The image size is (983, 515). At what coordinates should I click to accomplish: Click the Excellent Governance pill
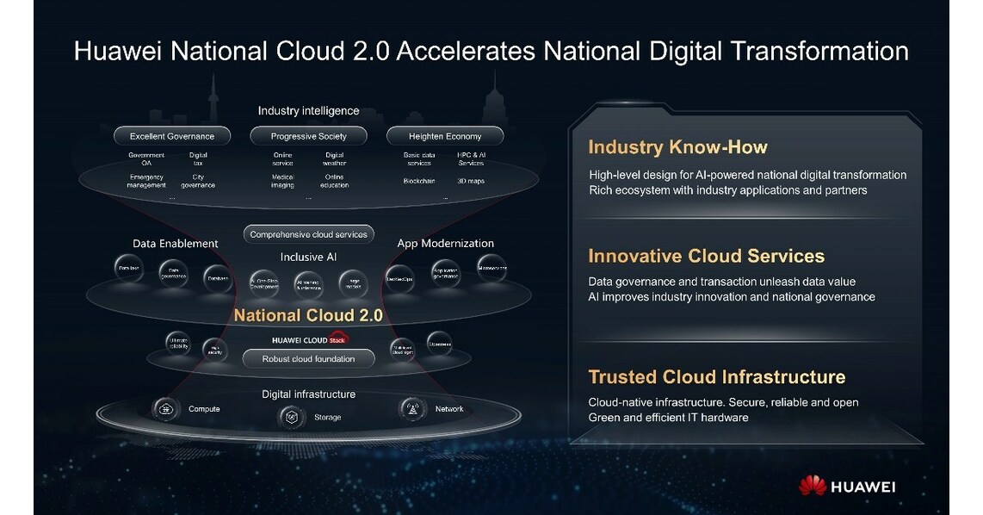172,136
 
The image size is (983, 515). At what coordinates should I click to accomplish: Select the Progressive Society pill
308,136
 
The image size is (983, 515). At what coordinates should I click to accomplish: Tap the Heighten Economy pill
445,136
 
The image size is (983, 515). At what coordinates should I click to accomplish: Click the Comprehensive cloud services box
308,233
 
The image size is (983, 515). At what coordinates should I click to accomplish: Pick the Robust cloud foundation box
308,358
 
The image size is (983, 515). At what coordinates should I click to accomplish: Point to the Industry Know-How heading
677,146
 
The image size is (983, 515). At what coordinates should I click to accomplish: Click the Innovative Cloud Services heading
706,256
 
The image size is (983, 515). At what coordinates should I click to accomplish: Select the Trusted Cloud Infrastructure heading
716,376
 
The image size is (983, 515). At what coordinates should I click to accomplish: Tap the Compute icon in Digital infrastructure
164,408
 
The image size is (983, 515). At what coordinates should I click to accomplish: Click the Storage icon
292,418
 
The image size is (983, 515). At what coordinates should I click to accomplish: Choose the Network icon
412,409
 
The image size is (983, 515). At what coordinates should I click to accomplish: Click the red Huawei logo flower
813,487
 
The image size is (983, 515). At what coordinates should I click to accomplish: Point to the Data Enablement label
176,244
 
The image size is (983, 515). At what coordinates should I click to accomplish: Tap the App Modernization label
445,244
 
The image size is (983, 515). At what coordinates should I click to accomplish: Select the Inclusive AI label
308,257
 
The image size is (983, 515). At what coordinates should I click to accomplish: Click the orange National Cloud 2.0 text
308,315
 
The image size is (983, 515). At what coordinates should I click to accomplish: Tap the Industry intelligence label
308,111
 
